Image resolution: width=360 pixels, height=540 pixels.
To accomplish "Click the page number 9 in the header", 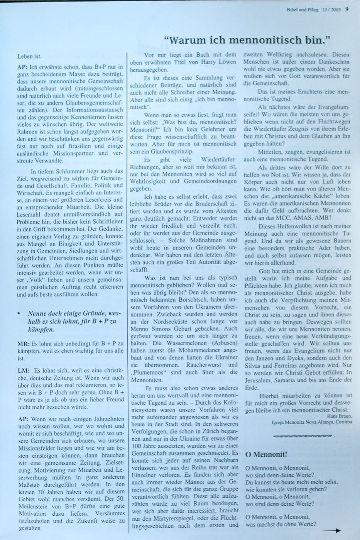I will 347,10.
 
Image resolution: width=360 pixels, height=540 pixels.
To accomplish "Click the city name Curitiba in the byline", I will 343,422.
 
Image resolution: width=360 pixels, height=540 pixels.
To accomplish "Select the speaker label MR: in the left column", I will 23,343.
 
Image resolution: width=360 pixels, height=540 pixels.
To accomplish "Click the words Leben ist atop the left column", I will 30,56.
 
